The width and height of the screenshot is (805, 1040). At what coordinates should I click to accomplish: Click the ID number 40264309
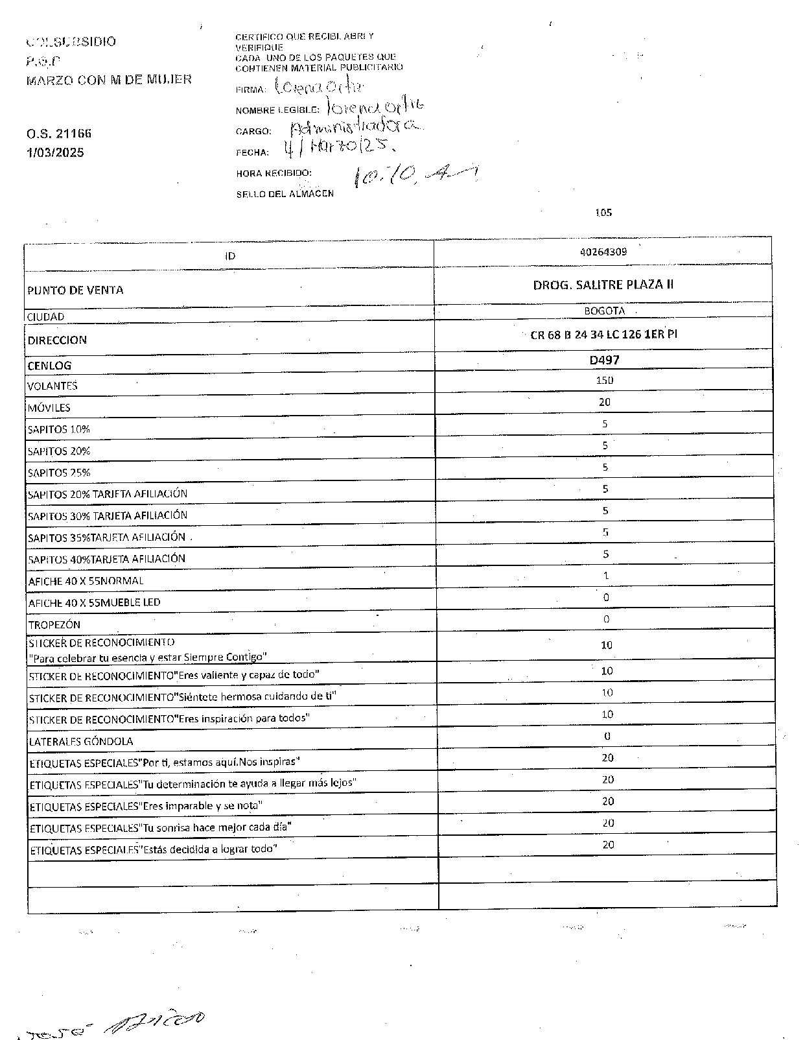(603, 252)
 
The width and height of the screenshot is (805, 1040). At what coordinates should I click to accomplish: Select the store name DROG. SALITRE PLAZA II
(603, 285)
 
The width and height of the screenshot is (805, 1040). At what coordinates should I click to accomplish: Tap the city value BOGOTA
(604, 311)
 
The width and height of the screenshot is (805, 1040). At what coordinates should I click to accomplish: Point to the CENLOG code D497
(604, 360)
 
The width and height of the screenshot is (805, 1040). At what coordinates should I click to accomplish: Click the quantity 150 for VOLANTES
(604, 381)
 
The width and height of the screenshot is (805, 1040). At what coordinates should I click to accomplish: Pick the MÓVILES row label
(49, 408)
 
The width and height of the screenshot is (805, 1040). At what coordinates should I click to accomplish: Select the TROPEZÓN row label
(54, 625)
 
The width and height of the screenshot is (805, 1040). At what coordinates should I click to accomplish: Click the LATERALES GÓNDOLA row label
(81, 741)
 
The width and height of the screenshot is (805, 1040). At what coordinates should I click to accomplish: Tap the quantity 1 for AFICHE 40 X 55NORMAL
(605, 576)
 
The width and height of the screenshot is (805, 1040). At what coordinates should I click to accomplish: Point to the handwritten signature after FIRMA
(319, 86)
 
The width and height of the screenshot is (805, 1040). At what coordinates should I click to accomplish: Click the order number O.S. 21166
(59, 134)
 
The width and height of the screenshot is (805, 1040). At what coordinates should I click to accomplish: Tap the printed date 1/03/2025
(55, 153)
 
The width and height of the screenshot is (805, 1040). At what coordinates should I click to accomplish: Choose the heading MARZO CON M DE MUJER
(109, 80)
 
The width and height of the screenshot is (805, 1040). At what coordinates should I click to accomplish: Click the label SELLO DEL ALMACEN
(285, 194)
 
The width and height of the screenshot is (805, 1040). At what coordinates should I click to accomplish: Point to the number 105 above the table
(603, 213)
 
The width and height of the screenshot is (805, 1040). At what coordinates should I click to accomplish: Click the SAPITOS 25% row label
(59, 473)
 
